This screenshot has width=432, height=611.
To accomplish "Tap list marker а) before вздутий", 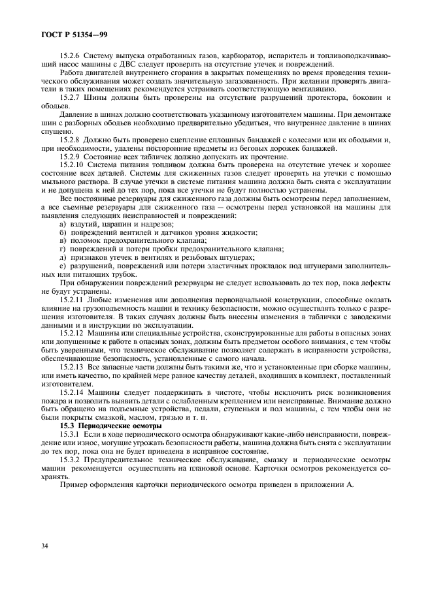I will tap(63, 224).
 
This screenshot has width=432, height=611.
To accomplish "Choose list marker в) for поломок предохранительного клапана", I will tap(63, 241).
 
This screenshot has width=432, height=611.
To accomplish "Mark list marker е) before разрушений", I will tap(63, 266).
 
